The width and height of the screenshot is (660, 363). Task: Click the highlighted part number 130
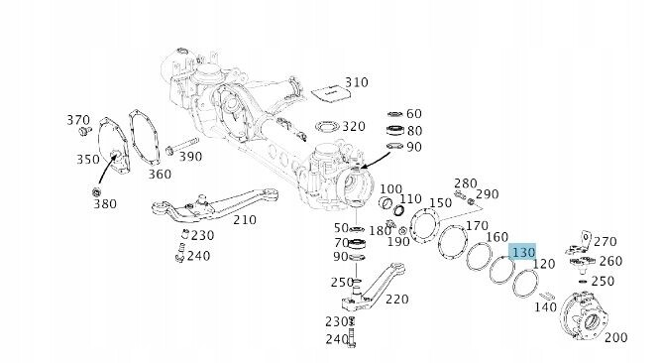[x=523, y=252]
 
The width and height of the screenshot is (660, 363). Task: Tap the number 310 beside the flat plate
[x=357, y=82]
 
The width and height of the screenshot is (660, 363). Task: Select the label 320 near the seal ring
[x=354, y=126]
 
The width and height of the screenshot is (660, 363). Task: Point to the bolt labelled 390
[x=181, y=146]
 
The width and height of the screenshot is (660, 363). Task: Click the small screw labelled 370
[x=85, y=131]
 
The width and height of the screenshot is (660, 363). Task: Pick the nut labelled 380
[x=96, y=192]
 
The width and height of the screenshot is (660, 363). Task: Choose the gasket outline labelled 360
[x=145, y=137]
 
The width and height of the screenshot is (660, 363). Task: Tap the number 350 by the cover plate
[x=88, y=159]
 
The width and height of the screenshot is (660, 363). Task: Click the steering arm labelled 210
[x=215, y=206]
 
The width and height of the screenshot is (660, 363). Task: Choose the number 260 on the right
[x=610, y=261]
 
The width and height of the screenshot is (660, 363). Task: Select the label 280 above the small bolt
[x=466, y=183]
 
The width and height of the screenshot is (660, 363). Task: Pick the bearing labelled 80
[x=395, y=130]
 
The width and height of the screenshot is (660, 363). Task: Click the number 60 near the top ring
[x=414, y=114]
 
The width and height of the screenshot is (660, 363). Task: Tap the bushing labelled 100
[x=385, y=202]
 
